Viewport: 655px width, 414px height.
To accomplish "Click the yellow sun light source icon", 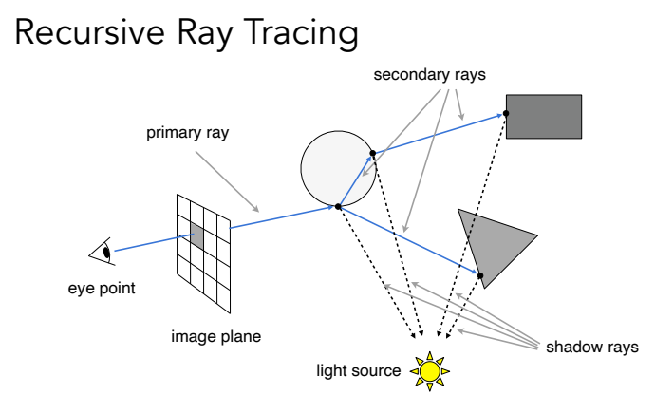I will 430,370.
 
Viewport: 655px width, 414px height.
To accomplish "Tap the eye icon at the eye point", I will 103,252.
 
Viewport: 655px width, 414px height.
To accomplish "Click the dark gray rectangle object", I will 544,117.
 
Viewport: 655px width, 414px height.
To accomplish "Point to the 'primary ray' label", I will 187,133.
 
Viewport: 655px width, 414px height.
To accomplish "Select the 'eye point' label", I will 102,288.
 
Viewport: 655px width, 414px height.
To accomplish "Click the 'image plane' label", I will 215,335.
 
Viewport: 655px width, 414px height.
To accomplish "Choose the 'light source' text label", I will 359,369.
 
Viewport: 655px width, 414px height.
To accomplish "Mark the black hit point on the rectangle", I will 507,114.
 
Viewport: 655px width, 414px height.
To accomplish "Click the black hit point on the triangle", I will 481,276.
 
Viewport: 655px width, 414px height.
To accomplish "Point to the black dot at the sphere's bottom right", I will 338,206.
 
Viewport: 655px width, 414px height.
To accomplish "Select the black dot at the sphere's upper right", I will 373,152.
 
